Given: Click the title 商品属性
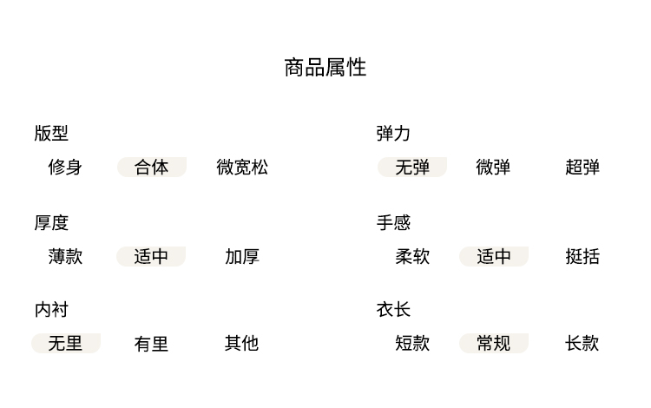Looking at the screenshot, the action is pos(325,68).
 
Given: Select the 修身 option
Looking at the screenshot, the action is pos(65,167).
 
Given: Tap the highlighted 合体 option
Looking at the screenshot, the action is pos(152,167).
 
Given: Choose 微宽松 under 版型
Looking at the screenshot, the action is pos(242,167).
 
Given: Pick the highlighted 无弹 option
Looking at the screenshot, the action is pos(412,167).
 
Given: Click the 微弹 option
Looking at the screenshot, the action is pos(493,167).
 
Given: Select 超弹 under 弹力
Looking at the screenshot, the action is pos(582,167).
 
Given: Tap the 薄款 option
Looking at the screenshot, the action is pos(65,256).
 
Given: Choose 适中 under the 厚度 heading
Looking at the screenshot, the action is pos(151,256).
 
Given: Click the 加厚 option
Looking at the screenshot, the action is pos(242,256).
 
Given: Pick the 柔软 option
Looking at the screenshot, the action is pos(412,256).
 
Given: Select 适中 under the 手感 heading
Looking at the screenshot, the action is pos(493,256).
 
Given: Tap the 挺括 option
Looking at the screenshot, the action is pos(582,256).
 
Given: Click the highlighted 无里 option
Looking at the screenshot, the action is pos(65,343).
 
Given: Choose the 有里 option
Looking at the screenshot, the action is pos(151,344).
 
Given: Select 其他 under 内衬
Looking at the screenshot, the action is pos(242,343).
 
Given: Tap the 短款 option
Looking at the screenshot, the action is pos(412,343).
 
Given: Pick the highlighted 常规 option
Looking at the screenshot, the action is pos(493,343).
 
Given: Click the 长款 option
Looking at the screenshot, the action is pos(582,343).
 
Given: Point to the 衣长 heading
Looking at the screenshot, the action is pos(393,309).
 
